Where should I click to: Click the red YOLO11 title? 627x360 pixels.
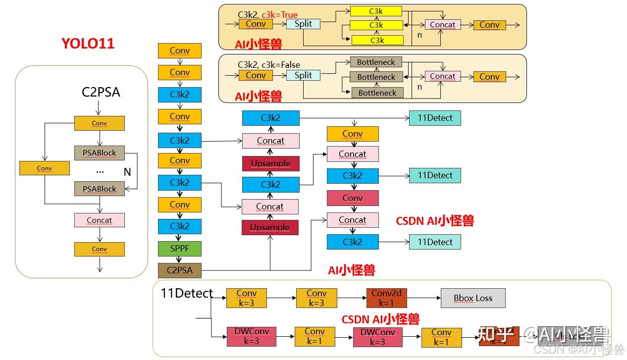click(x=88, y=44)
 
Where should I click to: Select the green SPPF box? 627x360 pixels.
click(x=180, y=248)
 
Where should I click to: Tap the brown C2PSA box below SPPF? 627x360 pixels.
click(x=180, y=270)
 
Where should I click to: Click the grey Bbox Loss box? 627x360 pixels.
click(x=473, y=298)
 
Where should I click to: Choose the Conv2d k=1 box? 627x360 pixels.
click(x=386, y=298)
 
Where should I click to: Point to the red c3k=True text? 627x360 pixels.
click(x=279, y=15)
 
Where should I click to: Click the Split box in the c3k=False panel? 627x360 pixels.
click(x=303, y=75)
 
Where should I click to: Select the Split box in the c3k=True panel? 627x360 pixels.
click(x=303, y=24)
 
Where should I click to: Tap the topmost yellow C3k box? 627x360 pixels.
click(x=376, y=11)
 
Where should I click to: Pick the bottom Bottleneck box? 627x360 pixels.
click(x=377, y=93)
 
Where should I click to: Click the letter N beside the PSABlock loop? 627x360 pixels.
click(x=127, y=172)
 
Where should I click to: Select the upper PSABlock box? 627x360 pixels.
click(x=99, y=153)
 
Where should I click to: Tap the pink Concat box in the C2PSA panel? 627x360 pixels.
click(x=99, y=220)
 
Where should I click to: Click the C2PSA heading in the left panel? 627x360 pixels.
click(x=101, y=92)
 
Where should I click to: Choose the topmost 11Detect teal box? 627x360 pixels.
click(x=435, y=118)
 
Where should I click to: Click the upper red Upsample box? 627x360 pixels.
click(x=270, y=163)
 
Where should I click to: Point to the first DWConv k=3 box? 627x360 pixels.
click(x=251, y=337)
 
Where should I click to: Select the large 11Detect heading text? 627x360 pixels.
click(x=187, y=293)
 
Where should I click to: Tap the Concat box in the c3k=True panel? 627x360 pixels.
click(x=442, y=25)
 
